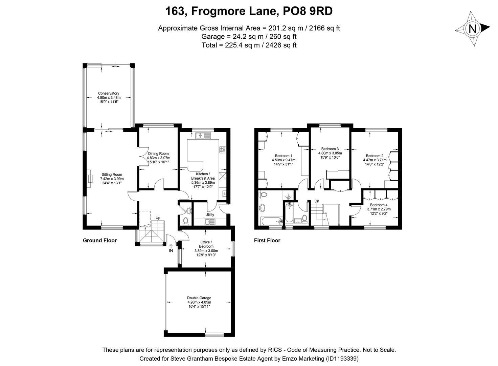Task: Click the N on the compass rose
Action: click(x=473, y=29)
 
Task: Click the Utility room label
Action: click(x=209, y=215)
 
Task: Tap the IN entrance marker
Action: click(x=171, y=251)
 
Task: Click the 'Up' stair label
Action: click(x=158, y=218)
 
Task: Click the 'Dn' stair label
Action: click(x=317, y=201)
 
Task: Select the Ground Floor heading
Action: click(x=100, y=240)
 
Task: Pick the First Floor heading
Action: click(x=267, y=240)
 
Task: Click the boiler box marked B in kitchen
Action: click(x=224, y=194)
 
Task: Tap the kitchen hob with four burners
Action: click(x=223, y=149)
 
